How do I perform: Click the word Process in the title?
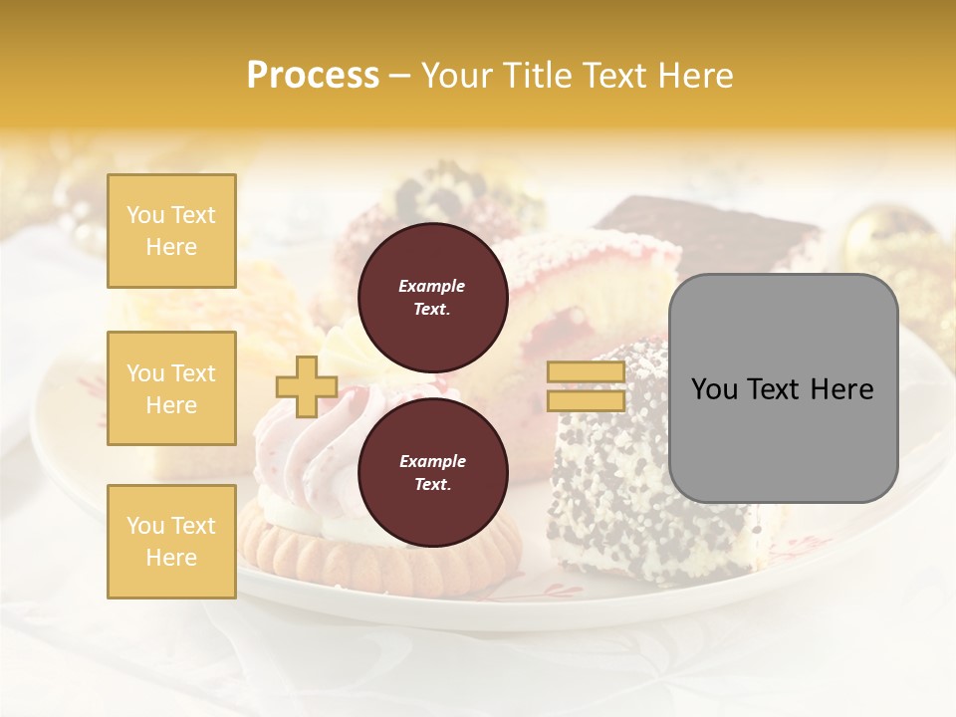click(x=313, y=75)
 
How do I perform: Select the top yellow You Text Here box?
click(x=171, y=231)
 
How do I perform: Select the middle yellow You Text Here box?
click(x=171, y=388)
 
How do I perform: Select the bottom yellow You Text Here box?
click(x=171, y=541)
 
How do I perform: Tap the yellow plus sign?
click(x=306, y=386)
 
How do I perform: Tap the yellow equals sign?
click(x=586, y=386)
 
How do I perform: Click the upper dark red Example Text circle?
click(x=432, y=297)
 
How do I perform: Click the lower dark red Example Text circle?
click(x=432, y=472)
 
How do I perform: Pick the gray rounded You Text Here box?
click(x=783, y=388)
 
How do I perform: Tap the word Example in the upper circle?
click(x=431, y=286)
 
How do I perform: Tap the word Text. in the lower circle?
click(x=432, y=484)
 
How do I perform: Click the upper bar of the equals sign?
click(x=586, y=372)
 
